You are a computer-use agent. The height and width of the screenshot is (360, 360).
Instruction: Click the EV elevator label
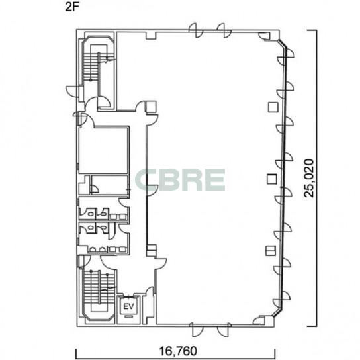128,306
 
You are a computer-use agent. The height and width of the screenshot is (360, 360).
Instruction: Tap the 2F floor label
72,7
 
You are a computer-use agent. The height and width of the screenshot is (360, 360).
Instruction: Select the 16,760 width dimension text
178,351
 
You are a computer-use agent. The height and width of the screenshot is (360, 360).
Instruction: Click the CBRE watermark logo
180,180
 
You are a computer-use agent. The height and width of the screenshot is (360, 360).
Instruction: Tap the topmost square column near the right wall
273,107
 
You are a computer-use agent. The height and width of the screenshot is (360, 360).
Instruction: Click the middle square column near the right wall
272,179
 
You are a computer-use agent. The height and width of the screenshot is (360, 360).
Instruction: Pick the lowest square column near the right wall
271,251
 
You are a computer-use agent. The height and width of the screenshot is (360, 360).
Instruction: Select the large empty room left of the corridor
103,150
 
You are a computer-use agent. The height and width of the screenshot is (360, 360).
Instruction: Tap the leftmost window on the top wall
196,30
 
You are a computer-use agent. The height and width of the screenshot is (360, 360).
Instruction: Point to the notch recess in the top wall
151,36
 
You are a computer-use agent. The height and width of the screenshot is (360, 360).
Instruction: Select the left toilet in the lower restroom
91,228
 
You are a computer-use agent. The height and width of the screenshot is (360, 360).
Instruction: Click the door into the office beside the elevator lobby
160,264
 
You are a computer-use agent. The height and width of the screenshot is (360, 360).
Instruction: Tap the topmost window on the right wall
286,57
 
